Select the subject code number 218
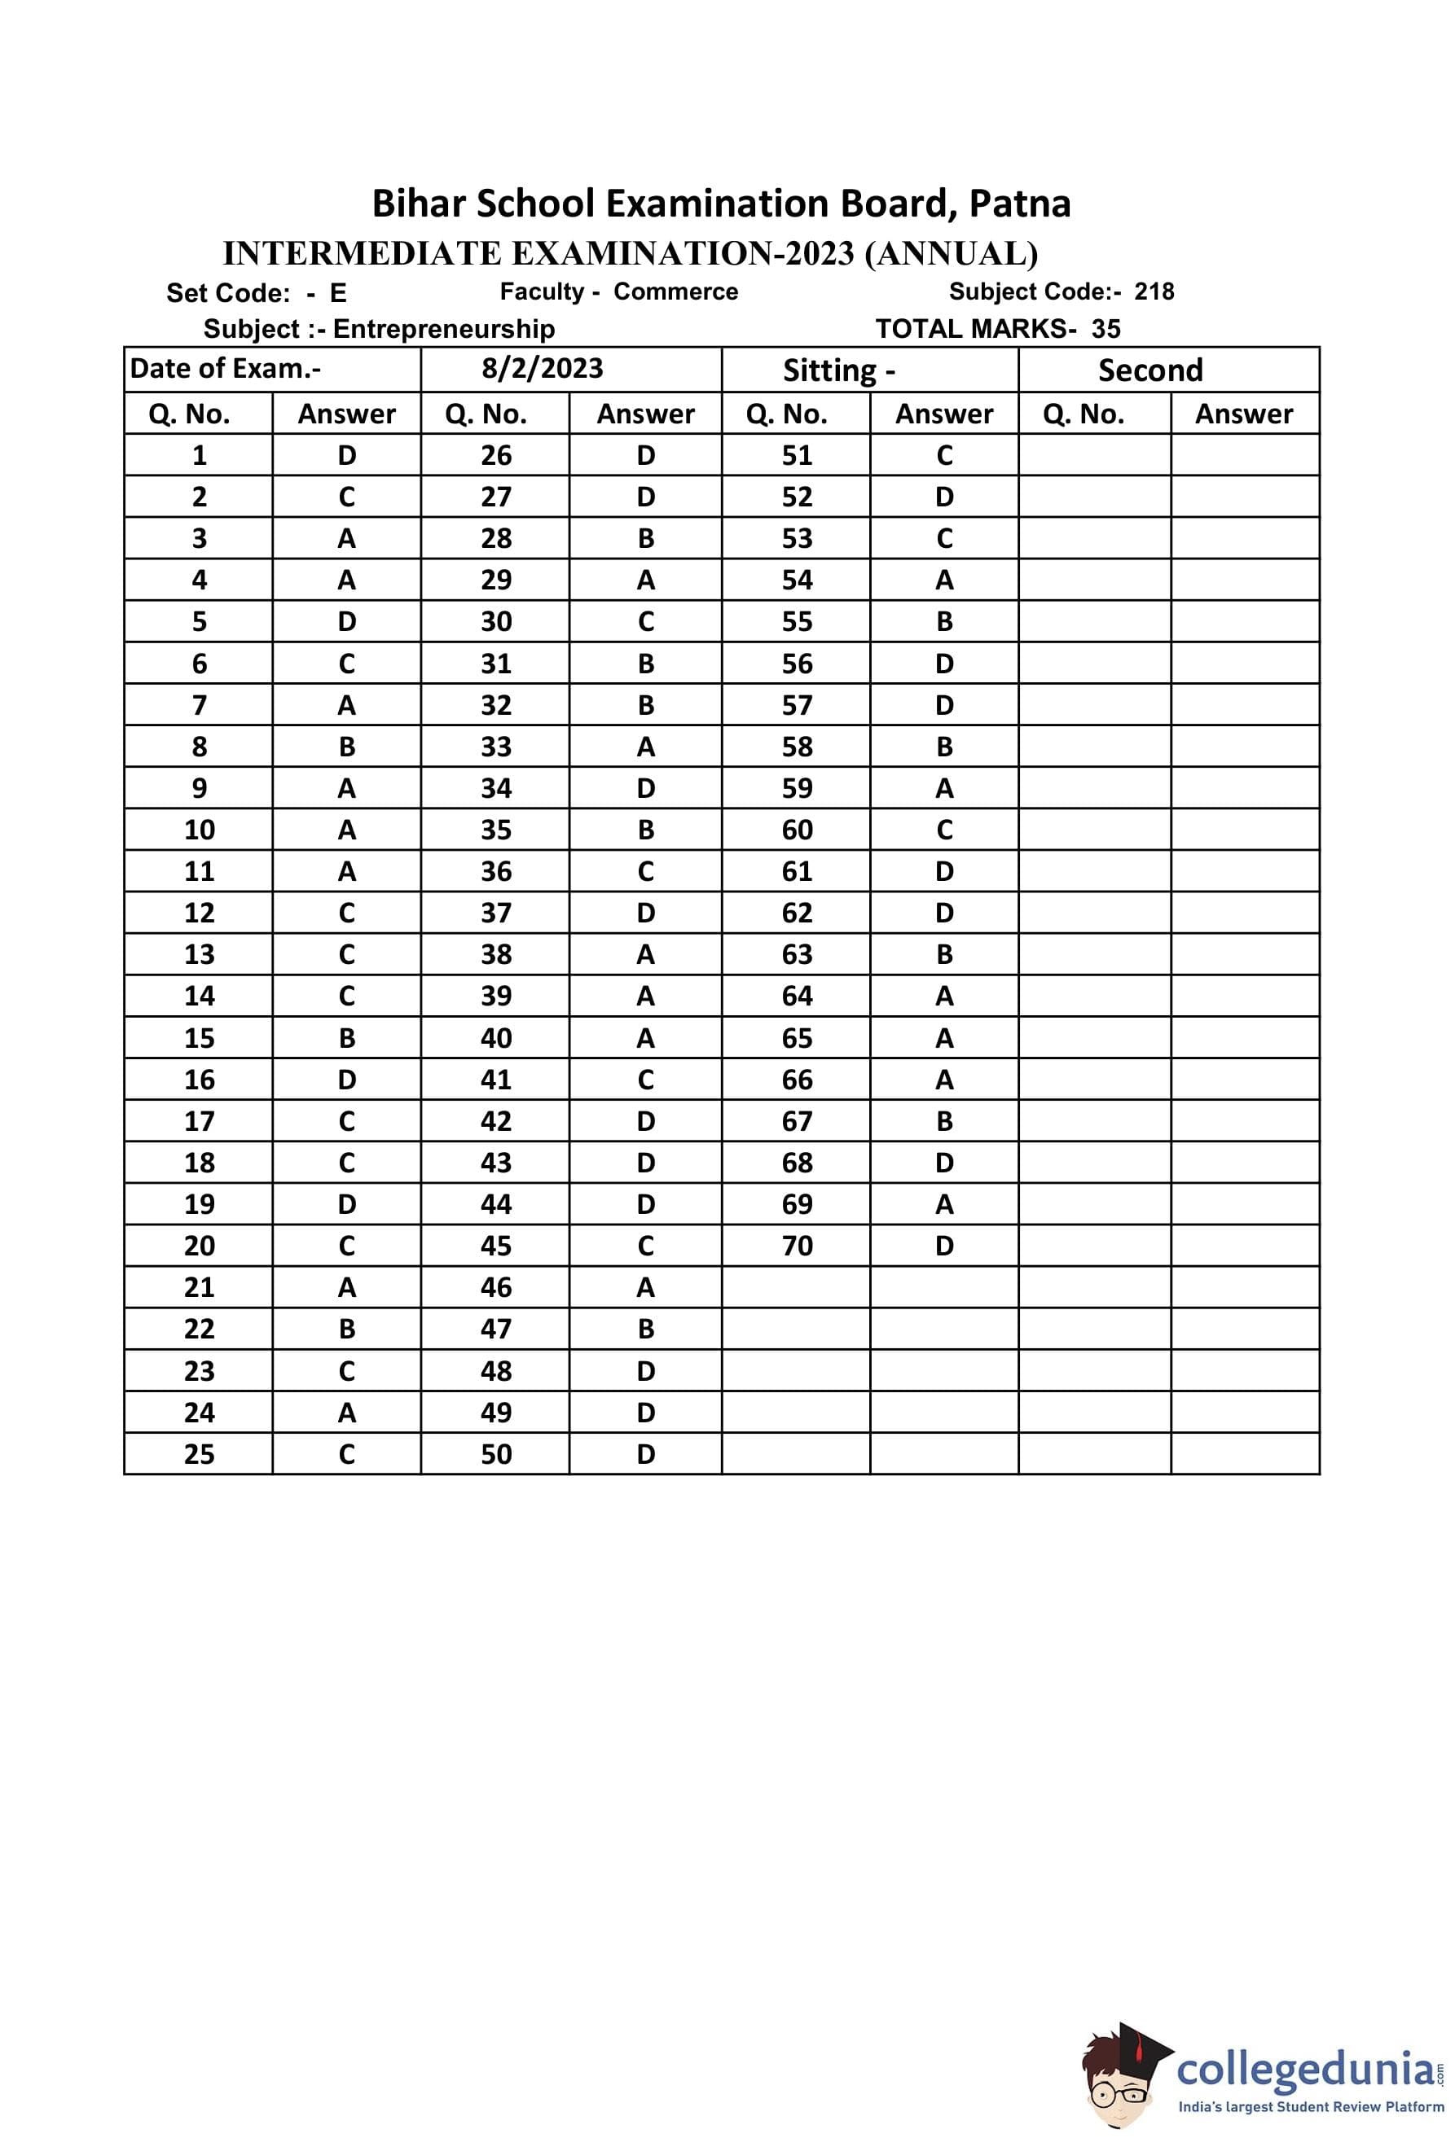point(1154,291)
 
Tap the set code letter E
point(338,292)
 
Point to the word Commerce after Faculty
point(675,291)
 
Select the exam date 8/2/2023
point(542,368)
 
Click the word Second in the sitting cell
point(1150,370)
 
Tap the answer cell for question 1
point(346,455)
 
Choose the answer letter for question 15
point(346,1038)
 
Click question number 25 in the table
point(199,1453)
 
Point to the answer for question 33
point(645,747)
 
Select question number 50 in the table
point(496,1453)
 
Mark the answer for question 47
point(645,1329)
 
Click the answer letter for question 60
point(944,830)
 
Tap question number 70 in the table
point(797,1246)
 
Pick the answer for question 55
point(944,622)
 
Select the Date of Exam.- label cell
point(226,368)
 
